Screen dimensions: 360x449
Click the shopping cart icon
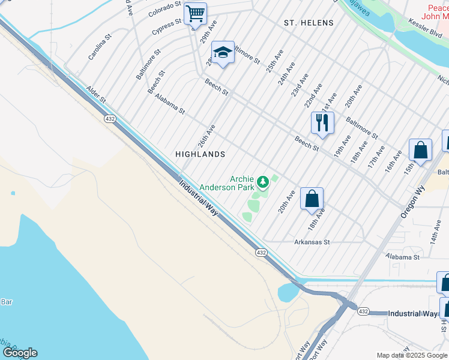(195, 13)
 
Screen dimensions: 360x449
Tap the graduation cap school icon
(223, 52)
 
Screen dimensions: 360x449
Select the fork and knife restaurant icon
(322, 122)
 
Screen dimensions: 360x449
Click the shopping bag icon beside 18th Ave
(312, 198)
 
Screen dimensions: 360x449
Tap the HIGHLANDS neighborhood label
(200, 154)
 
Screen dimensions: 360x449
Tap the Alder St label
(95, 93)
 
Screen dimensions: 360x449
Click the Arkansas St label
(312, 242)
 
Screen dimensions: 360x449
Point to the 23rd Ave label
(300, 86)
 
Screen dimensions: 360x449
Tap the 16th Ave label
(393, 161)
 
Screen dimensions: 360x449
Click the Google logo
(20, 353)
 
